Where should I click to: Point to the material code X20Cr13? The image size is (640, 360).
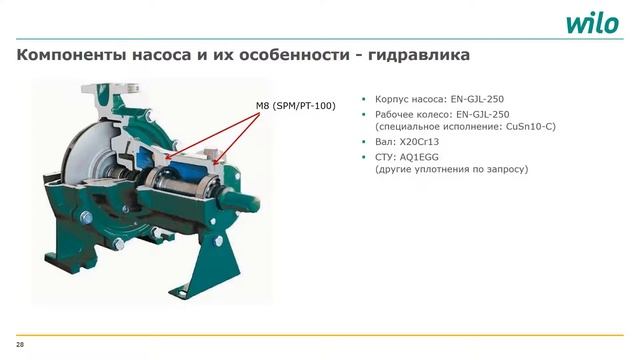coord(418,142)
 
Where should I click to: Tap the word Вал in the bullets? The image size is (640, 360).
coord(385,142)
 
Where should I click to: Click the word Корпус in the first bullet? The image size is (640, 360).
coord(394,101)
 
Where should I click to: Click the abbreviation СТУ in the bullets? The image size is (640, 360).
coord(386,157)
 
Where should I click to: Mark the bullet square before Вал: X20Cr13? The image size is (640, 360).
coord(364,142)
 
